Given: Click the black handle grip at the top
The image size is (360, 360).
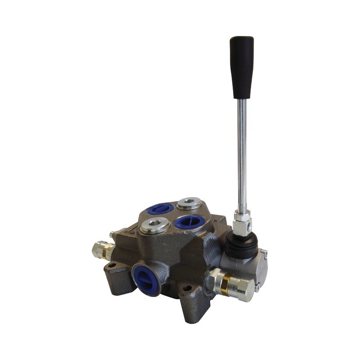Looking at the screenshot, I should (x=241, y=67).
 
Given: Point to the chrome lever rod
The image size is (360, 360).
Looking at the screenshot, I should (x=242, y=148).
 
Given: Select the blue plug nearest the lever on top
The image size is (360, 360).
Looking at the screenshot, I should (x=190, y=222).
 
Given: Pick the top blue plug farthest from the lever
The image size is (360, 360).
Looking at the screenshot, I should (x=161, y=208).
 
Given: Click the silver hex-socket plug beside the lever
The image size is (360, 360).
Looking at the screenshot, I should (x=189, y=203).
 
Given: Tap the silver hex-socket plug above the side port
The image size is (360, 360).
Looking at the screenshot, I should (x=155, y=225).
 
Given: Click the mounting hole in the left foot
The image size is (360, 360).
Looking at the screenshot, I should (x=112, y=265).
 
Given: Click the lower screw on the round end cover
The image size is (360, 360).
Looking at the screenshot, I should (x=257, y=284).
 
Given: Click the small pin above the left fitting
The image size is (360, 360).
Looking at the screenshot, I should (x=111, y=235).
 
